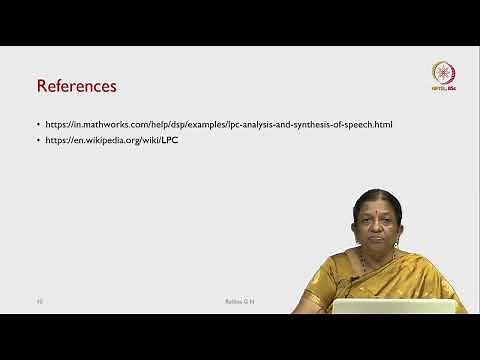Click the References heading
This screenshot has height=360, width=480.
[76, 86]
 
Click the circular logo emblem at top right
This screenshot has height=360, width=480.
[443, 72]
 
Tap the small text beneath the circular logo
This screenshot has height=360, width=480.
[443, 90]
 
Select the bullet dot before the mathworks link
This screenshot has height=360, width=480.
[38, 124]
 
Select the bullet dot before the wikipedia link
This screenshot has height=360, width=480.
[38, 141]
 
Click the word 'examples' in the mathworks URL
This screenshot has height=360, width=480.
[214, 124]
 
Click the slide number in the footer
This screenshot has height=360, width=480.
[40, 299]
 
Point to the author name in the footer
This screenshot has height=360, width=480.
[239, 299]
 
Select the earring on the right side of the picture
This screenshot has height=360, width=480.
[397, 241]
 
